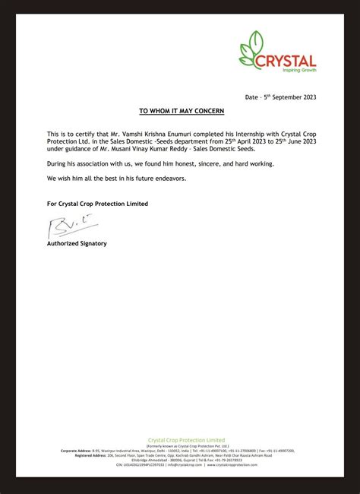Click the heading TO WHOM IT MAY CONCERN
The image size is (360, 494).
point(182,111)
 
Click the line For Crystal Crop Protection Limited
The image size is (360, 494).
point(97,204)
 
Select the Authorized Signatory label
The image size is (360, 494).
point(77,243)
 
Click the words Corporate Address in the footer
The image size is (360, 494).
point(76,451)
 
